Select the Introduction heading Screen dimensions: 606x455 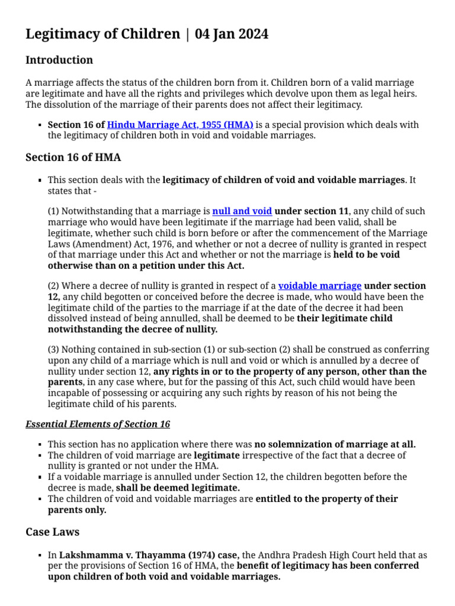click(59, 60)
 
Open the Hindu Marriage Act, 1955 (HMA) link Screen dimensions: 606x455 click(180, 125)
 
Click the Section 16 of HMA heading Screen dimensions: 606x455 click(73, 157)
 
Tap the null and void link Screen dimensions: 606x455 click(242, 211)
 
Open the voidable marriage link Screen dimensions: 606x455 click(319, 286)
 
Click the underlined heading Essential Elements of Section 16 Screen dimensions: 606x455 click(98, 424)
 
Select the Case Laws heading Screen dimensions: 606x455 click(52, 532)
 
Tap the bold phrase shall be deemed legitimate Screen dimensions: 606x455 click(178, 488)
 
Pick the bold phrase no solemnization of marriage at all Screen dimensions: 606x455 click(335, 444)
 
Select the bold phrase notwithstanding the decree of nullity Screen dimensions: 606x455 click(133, 329)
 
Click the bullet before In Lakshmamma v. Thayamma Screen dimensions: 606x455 click(39, 556)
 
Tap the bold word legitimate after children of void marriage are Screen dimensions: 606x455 click(217, 455)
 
